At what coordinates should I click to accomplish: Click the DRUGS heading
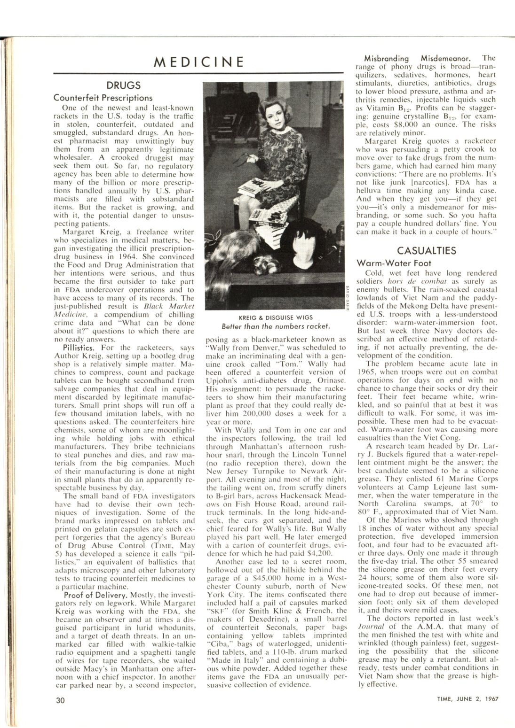click(123, 85)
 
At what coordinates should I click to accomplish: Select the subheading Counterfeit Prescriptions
click(103, 98)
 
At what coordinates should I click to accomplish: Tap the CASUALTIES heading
click(427, 250)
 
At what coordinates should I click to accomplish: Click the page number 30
click(60, 699)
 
